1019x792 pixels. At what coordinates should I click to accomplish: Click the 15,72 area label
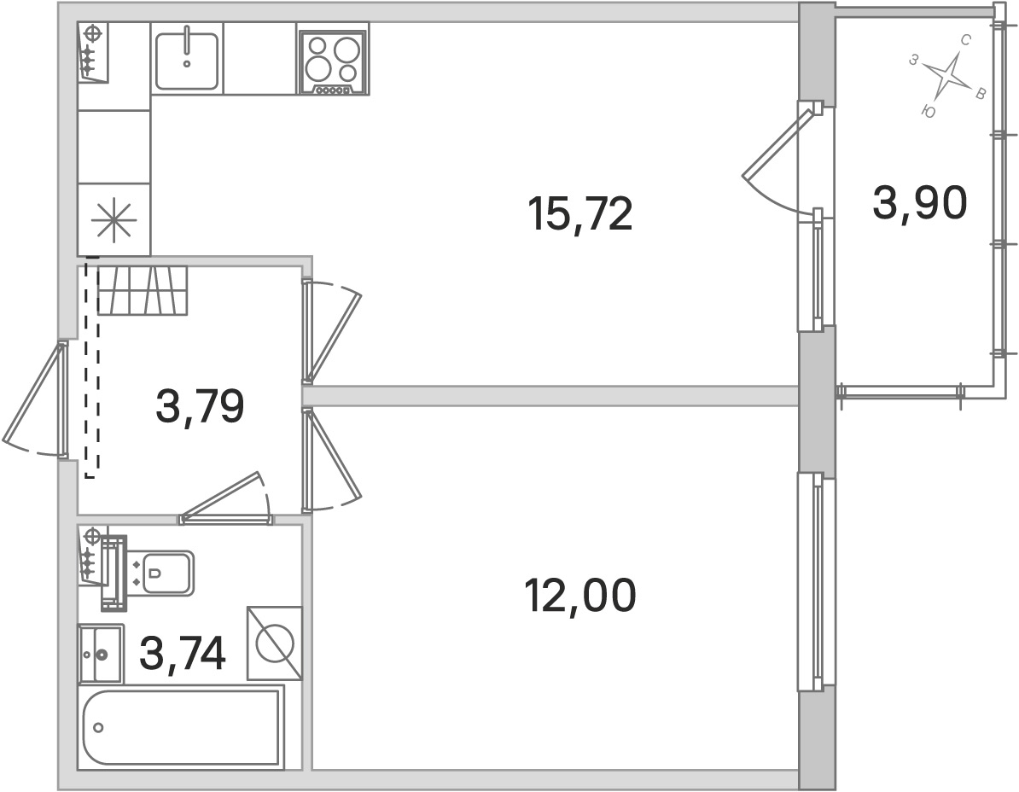580,214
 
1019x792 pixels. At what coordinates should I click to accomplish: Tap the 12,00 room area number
579,596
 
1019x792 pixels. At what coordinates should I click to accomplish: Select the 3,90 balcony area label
920,203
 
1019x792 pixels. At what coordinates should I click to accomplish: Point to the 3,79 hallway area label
200,405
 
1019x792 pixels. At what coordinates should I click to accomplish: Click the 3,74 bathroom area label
183,653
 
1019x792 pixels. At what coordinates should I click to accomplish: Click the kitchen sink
187,59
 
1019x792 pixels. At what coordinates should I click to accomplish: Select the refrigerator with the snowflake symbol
114,219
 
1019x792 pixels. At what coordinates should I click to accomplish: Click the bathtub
182,728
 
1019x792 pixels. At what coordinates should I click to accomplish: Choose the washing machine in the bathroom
274,643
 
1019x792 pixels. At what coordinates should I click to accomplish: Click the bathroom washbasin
100,654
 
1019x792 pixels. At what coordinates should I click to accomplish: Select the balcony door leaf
777,143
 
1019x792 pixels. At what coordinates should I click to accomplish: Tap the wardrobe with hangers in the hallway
143,290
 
